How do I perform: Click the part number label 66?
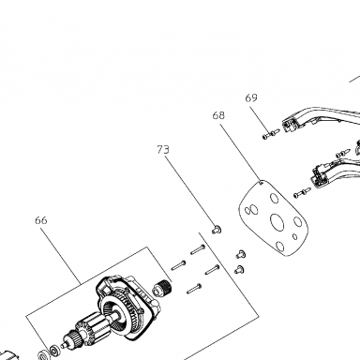click(x=41, y=220)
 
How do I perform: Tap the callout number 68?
click(x=218, y=115)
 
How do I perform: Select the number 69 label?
click(x=251, y=97)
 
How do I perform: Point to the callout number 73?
click(x=163, y=150)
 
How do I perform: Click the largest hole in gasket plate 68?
click(x=277, y=222)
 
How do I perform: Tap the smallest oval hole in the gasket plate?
click(x=294, y=236)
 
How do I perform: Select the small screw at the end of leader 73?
click(x=217, y=230)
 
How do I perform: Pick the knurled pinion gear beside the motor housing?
click(x=162, y=287)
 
